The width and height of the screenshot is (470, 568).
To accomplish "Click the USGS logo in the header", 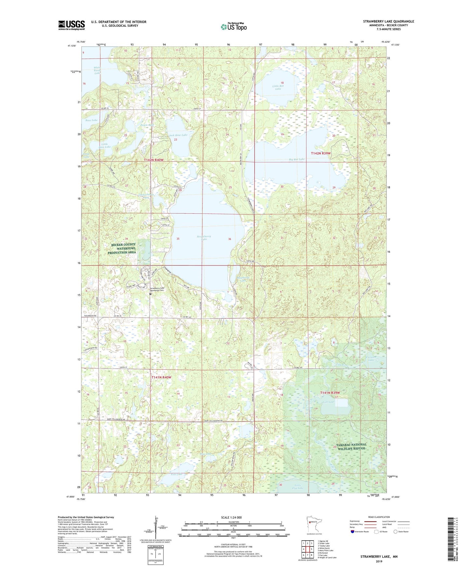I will [x=71, y=25].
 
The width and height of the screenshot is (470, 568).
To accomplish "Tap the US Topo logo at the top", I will [x=233, y=27].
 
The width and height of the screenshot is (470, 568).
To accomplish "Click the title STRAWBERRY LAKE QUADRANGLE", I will [x=388, y=21].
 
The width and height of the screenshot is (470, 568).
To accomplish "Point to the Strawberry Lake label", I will [x=204, y=238].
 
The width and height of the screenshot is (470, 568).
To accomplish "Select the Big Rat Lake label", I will [x=297, y=159].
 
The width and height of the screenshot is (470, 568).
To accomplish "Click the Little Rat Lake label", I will [x=278, y=87].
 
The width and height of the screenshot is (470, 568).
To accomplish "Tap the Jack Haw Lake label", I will [x=178, y=135].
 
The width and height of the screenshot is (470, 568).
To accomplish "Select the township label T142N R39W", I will [x=320, y=153].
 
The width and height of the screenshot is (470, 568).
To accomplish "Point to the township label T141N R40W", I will [x=161, y=377].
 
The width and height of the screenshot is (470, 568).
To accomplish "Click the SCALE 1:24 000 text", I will [x=231, y=517].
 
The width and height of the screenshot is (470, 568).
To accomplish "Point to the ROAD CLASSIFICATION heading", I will [x=379, y=517].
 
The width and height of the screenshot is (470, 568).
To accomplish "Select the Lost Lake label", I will [x=328, y=402].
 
